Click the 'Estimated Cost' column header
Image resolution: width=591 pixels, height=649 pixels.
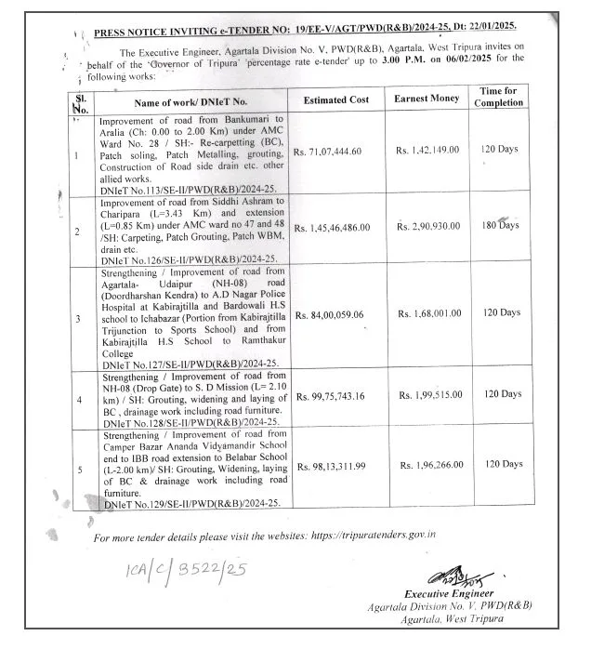tap(335, 99)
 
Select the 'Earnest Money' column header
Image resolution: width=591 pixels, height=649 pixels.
tap(427, 98)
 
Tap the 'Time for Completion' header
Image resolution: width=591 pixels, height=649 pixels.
tap(499, 97)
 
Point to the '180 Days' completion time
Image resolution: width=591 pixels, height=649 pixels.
tap(502, 226)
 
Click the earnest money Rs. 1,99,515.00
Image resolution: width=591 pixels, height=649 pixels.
tap(431, 395)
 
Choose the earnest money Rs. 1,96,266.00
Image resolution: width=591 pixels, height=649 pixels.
tap(432, 464)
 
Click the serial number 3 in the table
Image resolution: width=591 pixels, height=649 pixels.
tap(79, 318)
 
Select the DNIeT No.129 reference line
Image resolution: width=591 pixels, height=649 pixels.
tap(181, 503)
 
